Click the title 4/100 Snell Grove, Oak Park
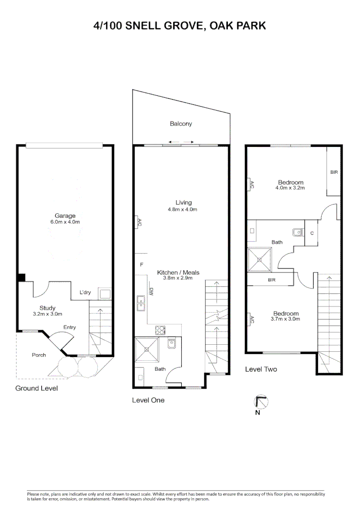[x=180, y=26]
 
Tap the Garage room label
[x=65, y=216]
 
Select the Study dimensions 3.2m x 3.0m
[x=47, y=314]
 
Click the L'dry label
[x=85, y=293]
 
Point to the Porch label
[x=39, y=355]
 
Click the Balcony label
[x=181, y=124]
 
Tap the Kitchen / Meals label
[x=178, y=272]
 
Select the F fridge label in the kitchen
[x=142, y=265]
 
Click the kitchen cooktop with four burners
[x=160, y=330]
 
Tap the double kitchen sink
[x=141, y=304]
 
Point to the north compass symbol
[x=260, y=402]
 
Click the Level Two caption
[x=261, y=369]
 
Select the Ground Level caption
[x=36, y=388]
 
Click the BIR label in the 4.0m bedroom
[x=334, y=173]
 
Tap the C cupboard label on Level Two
[x=312, y=233]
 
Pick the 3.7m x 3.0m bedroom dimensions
[x=285, y=319]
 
